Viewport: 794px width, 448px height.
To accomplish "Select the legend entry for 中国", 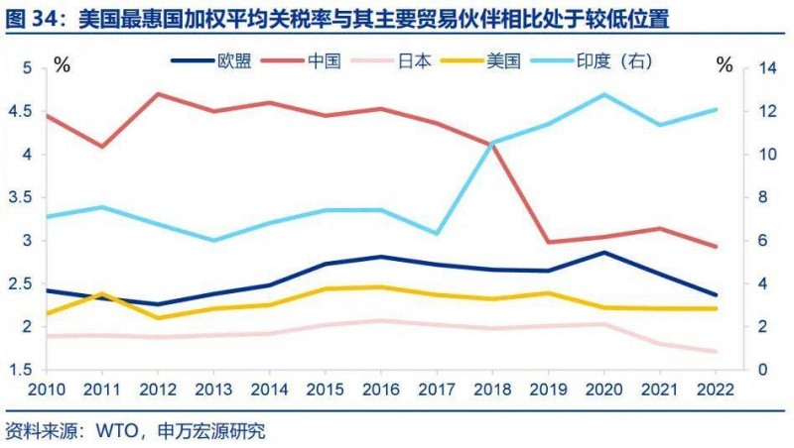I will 324,60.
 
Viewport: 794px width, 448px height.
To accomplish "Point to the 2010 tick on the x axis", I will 47,386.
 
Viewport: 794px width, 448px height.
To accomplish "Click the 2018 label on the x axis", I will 492,386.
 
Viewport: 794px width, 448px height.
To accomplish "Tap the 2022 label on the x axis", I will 716,386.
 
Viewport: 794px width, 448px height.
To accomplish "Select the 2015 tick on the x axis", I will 326,386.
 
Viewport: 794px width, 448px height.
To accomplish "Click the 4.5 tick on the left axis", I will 21,111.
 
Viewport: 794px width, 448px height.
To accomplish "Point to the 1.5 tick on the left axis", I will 21,370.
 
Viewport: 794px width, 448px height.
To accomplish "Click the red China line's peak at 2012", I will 159,94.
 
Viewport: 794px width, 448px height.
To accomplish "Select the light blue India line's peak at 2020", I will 603,94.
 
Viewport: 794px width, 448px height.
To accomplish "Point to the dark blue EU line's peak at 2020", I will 603,252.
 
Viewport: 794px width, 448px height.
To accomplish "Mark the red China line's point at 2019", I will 548,242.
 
